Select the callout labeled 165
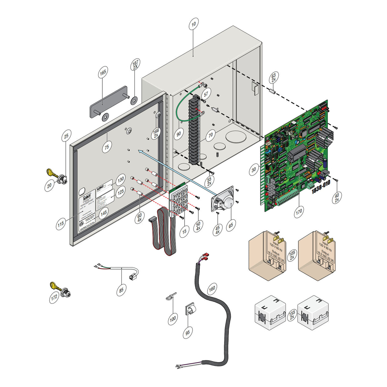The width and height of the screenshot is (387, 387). (x=103, y=73)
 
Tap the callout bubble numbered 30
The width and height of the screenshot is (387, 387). (x=254, y=170)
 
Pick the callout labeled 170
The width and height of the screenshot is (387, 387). (x=299, y=211)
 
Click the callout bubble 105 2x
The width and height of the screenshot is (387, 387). (x=292, y=255)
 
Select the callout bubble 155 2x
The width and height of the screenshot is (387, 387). (x=292, y=315)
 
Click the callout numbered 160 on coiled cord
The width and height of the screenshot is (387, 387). (x=212, y=289)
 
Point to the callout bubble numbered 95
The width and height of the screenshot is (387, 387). (x=187, y=332)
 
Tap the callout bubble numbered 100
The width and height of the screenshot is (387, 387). (x=173, y=318)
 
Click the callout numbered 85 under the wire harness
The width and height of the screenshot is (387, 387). (x=121, y=290)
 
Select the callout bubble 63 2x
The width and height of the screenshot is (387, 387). (x=274, y=77)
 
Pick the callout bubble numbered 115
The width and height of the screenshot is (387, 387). (x=61, y=223)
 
